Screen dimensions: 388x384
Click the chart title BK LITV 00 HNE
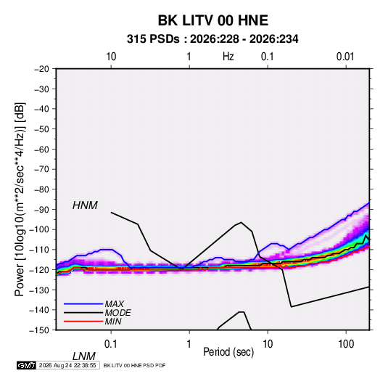[213, 20]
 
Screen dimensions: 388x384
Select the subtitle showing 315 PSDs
[212, 39]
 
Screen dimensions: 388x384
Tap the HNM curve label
[85, 205]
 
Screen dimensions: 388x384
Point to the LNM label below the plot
[83, 356]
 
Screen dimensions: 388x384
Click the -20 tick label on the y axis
[41, 69]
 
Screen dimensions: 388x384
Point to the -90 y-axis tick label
[41, 210]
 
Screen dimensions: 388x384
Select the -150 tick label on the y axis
[39, 330]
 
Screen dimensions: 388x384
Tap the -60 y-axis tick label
[41, 149]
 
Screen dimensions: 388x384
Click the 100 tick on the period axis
[346, 344]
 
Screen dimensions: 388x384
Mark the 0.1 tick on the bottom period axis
[111, 344]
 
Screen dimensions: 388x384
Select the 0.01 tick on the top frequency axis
[345, 57]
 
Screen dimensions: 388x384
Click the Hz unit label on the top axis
[228, 57]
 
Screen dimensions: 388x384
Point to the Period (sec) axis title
[228, 352]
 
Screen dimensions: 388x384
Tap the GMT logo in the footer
[26, 365]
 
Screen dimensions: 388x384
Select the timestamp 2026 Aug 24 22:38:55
[67, 365]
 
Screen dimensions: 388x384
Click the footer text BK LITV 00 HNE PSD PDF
[134, 365]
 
